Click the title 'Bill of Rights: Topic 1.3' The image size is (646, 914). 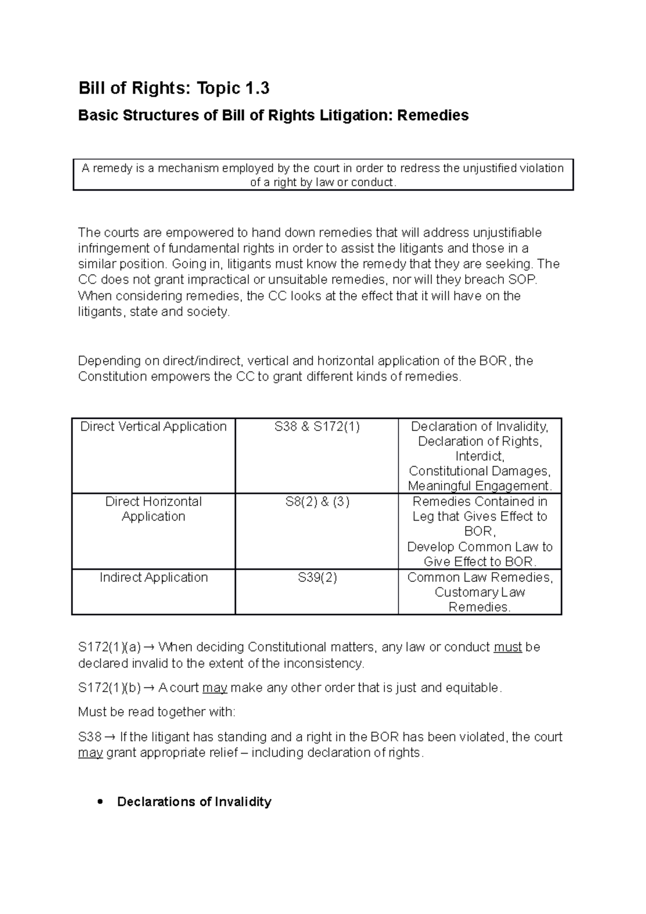coord(174,88)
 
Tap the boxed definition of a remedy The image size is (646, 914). coord(323,175)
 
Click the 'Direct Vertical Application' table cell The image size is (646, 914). coord(153,427)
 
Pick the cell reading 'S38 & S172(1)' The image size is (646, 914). coord(317,427)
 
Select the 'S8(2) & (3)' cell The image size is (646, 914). coord(317,502)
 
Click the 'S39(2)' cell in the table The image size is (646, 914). coord(317,578)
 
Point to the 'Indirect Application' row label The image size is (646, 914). coord(153,578)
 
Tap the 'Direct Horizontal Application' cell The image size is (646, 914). coord(153,509)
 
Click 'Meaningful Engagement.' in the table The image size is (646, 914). coord(480,486)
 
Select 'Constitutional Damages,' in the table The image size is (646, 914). coord(480,471)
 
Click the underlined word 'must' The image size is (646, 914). coord(507,647)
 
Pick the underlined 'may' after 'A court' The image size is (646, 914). coord(214,688)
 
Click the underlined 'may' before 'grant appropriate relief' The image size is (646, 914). coord(90,753)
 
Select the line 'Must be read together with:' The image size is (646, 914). coord(157,712)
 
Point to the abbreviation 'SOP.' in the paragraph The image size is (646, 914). coord(523,280)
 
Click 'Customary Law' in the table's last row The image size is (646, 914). coord(480,592)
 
